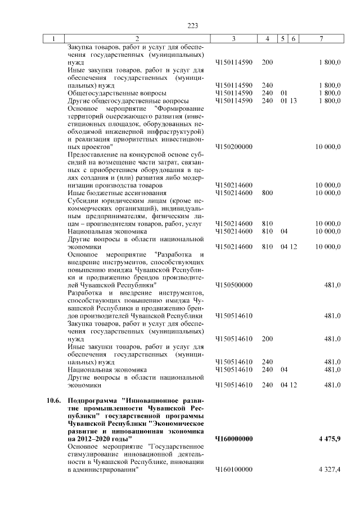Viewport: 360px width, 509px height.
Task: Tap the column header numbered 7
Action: tap(321, 39)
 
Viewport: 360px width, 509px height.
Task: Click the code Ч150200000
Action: tap(233, 146)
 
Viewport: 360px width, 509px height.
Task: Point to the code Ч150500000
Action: tap(233, 285)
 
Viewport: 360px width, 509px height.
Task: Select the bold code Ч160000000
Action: tap(233, 439)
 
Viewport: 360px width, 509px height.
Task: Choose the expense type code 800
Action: tap(267, 193)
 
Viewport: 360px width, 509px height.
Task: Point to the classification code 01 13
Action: tap(289, 101)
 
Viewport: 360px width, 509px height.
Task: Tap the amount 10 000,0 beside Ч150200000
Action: tap(327, 146)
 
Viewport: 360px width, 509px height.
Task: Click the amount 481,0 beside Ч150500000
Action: tap(332, 285)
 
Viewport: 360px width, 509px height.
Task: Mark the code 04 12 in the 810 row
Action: tap(289, 246)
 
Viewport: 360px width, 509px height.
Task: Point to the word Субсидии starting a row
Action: tap(82, 200)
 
